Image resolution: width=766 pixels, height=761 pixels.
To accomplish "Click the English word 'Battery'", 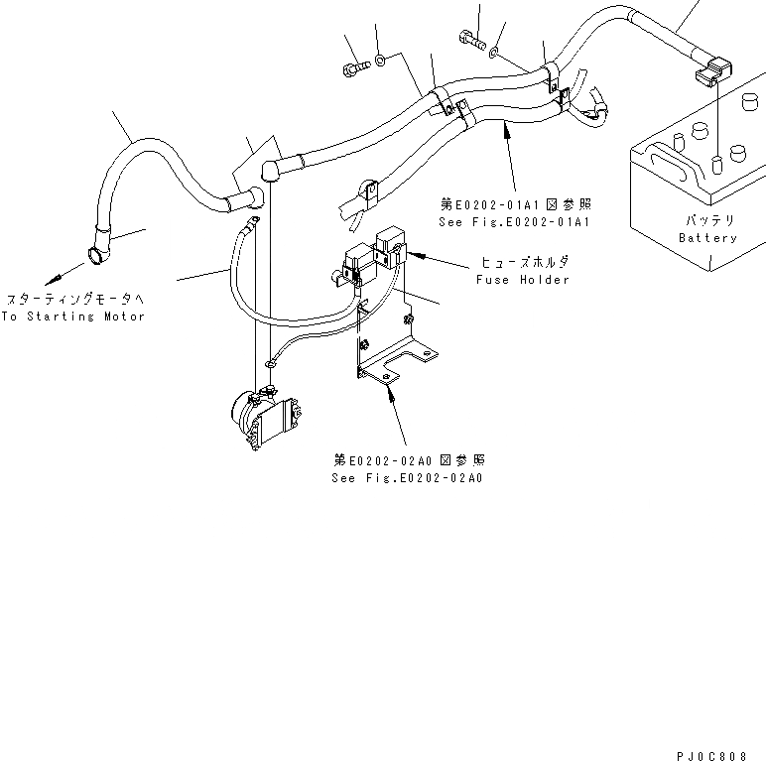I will pos(707,238).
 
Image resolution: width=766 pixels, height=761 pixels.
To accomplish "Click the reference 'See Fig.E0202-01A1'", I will pos(516,220).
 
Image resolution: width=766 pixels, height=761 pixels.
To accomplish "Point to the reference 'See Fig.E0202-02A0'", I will pos(407,478).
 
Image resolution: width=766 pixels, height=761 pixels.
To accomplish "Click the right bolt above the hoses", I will pos(470,40).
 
